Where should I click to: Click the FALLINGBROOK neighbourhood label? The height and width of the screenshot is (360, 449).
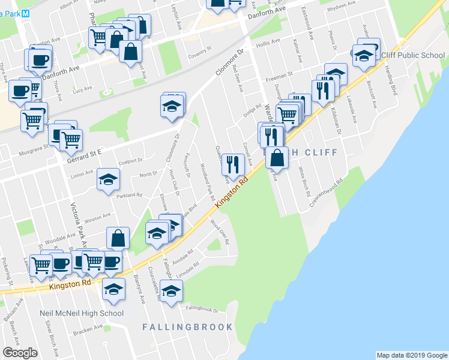[x=187, y=327]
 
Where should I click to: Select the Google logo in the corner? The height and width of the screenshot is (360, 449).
[x=20, y=353]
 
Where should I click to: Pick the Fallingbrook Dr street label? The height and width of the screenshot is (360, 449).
[x=202, y=309]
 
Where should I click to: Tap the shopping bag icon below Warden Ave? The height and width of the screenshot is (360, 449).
[x=277, y=158]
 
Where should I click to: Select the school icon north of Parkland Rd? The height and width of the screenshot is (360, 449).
[x=109, y=179]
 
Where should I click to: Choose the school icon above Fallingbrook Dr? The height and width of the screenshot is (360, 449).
[x=172, y=291]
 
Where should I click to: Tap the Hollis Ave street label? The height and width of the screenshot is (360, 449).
[x=268, y=42]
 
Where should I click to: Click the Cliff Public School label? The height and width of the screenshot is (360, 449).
[x=413, y=56]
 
